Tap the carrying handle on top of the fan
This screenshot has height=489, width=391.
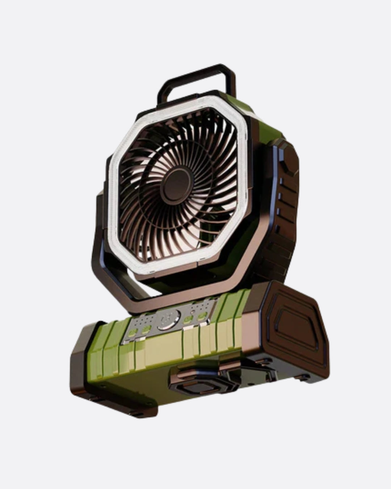(x=195, y=74)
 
